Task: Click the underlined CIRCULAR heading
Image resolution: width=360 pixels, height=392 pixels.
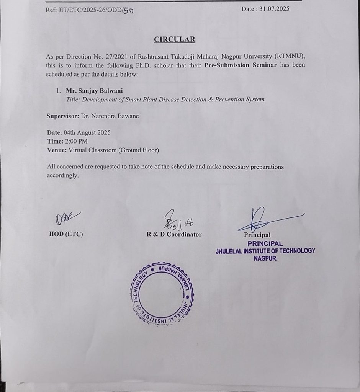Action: [174, 39]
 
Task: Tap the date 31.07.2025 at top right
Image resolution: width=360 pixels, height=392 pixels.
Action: [275, 9]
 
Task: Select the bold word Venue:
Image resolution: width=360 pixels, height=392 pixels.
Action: [57, 150]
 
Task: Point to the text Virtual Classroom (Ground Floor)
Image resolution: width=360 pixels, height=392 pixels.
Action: [114, 150]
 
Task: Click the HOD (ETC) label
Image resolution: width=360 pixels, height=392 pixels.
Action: [66, 234]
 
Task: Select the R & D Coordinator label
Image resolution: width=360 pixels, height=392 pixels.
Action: [174, 234]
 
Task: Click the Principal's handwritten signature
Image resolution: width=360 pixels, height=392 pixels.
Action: [264, 219]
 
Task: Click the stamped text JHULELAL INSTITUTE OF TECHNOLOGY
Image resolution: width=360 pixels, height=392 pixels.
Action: [265, 251]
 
